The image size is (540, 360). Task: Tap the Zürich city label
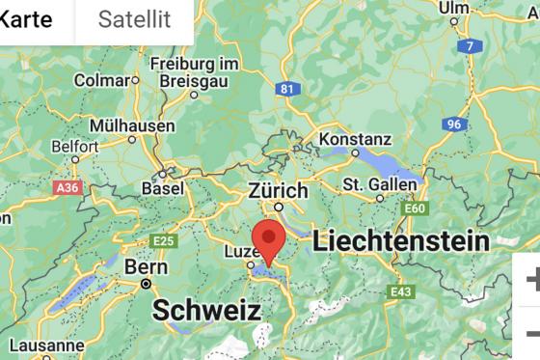point(278,189)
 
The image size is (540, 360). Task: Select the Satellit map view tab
point(134,18)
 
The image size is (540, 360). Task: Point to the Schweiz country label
point(207,311)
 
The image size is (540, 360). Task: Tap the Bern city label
point(146,266)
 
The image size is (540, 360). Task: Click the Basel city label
point(162,187)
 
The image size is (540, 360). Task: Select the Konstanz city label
point(355,139)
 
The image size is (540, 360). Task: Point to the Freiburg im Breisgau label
point(194,71)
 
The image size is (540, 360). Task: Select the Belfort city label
point(75,146)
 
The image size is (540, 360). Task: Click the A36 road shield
point(67,187)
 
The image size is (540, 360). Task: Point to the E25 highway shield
point(165,239)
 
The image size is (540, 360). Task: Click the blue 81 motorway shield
point(285,89)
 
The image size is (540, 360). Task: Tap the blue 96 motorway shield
point(453,125)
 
